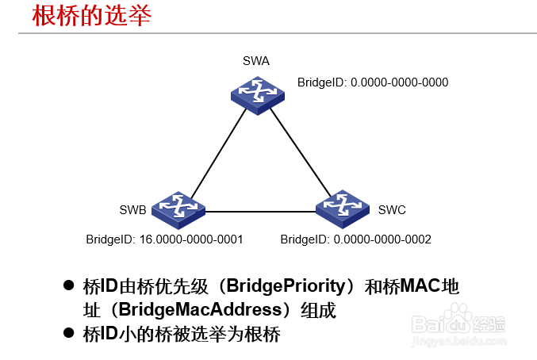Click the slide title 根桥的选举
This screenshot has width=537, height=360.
91,16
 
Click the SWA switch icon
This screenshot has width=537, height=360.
258,95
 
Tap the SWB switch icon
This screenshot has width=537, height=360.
178,210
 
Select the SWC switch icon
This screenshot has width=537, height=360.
343,209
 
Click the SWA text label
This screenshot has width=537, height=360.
256,61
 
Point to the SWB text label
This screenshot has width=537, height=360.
133,210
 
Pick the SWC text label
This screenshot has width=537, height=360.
392,210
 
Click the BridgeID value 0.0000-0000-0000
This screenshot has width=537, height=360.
399,82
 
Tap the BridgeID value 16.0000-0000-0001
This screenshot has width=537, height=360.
191,239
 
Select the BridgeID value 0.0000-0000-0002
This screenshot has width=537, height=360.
382,239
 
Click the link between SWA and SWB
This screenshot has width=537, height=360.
218,153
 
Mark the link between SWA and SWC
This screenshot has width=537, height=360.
301,152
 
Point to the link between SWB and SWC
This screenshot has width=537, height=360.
260,212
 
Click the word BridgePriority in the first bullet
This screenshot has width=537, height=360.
286,286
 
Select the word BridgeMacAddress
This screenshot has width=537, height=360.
201,310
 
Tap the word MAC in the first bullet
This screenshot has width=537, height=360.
420,285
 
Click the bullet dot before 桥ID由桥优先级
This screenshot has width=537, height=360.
69,285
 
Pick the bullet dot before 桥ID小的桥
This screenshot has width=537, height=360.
69,332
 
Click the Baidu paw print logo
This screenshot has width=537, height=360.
458,317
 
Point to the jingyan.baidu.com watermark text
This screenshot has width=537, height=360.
459,342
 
